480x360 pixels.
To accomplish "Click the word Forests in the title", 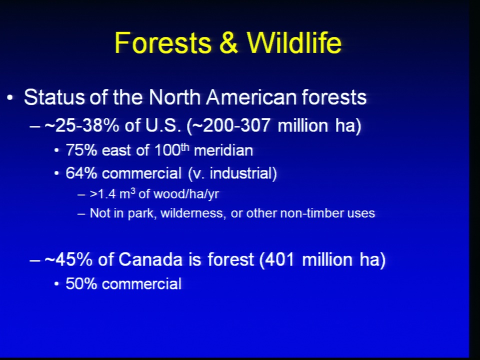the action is [x=163, y=42].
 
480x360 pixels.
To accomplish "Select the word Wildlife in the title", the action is [x=294, y=42].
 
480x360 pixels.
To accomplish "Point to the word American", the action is [x=251, y=97].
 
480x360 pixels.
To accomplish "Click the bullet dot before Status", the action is [x=10, y=98].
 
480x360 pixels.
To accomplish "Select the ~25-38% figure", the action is [x=81, y=125].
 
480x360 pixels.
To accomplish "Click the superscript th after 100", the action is [x=185, y=147].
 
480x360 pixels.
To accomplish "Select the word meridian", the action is [x=223, y=150].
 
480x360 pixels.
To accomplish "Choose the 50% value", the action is [x=81, y=284].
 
